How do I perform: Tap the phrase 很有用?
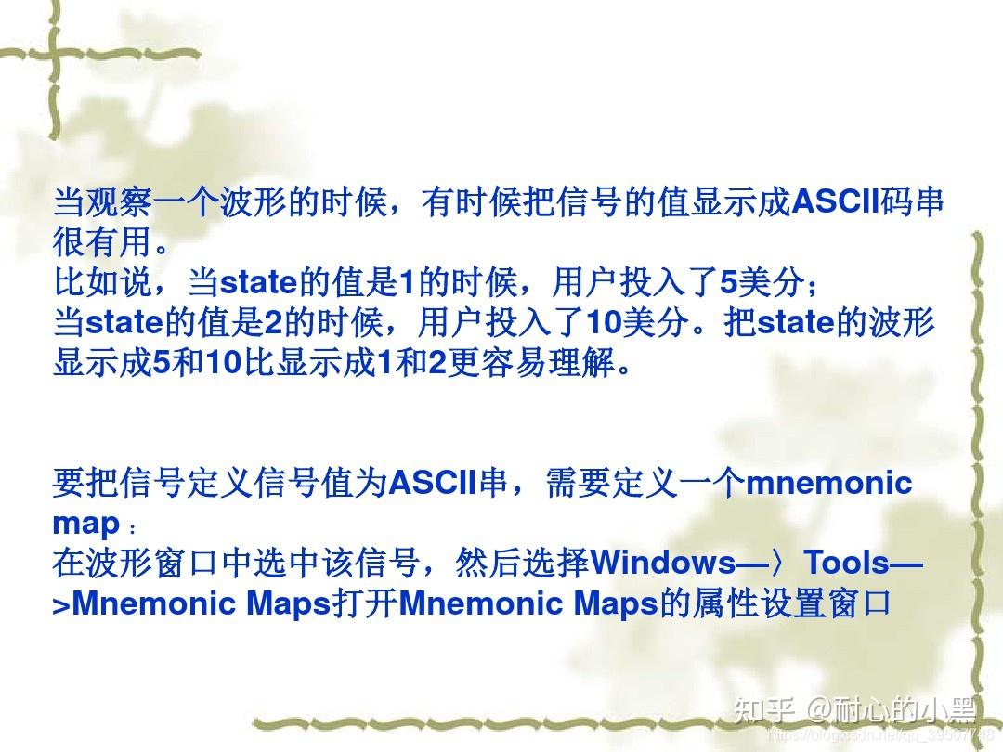pos(101,243)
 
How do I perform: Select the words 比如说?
pos(102,282)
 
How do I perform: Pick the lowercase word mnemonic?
pos(829,483)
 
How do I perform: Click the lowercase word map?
pos(86,524)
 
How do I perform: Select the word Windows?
pos(662,563)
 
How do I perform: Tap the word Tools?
pos(846,563)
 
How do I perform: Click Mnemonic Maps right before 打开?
pos(201,603)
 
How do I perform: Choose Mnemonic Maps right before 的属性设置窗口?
pos(527,603)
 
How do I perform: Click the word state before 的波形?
pos(795,322)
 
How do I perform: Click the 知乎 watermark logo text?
pos(763,711)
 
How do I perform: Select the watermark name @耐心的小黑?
pos(892,711)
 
